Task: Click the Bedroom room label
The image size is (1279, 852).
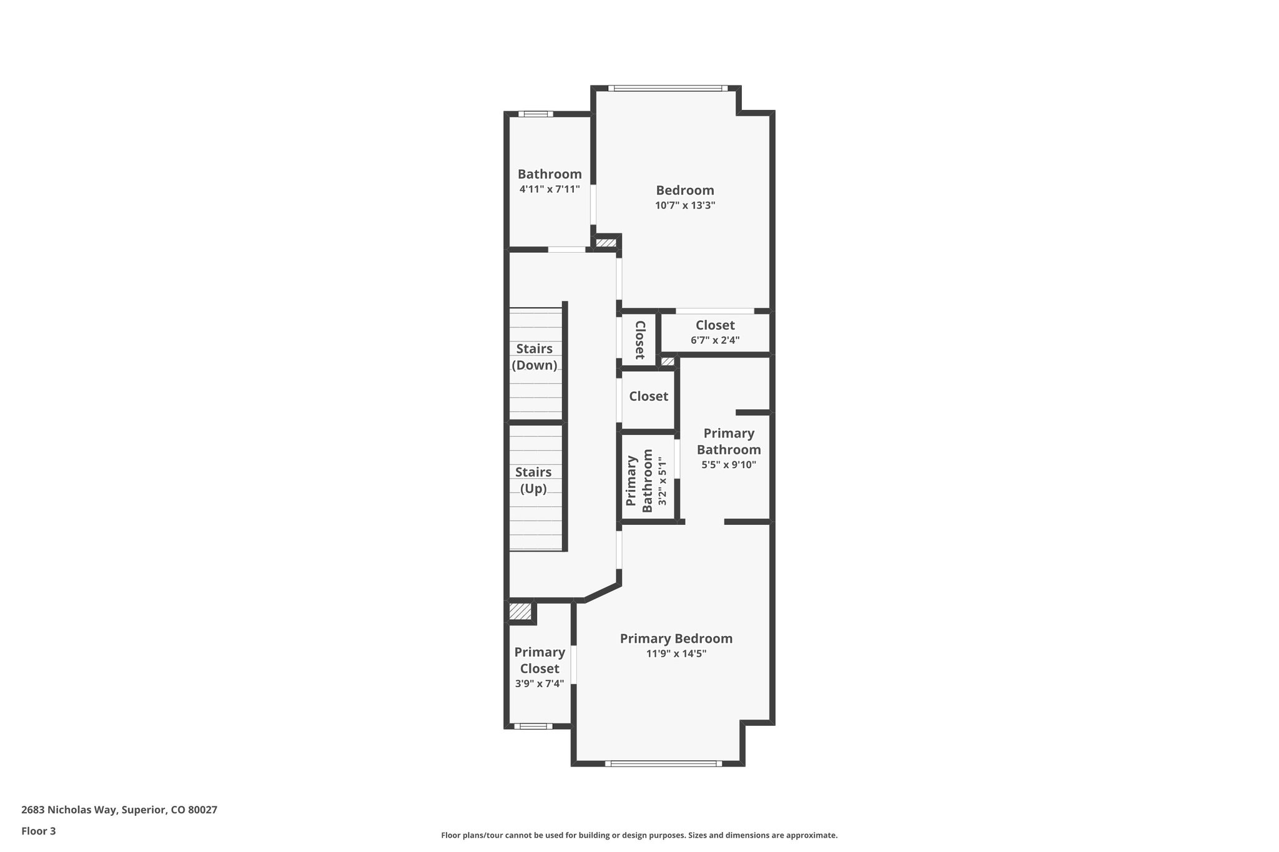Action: pos(684,190)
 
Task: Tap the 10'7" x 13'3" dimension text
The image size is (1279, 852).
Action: pos(684,205)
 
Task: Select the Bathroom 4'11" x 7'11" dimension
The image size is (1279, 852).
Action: pos(550,189)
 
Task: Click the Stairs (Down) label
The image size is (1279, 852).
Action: pos(534,357)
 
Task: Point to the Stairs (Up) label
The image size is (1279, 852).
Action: pos(533,481)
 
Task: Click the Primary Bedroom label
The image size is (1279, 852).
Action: pos(676,639)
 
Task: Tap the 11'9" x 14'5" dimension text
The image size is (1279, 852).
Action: pos(676,654)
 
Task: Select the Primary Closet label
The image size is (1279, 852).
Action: pos(540,660)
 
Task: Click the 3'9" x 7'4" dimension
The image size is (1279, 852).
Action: pos(540,683)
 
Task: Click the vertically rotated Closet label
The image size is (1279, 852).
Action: pos(639,340)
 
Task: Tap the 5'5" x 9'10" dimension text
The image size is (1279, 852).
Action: pos(728,464)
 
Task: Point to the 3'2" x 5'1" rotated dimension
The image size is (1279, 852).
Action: pos(663,481)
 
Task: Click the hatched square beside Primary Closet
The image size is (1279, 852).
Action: pos(520,612)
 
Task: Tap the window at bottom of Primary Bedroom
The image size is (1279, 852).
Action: pos(663,763)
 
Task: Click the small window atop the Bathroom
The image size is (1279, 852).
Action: pos(536,114)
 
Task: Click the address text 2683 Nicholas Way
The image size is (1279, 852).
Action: pos(119,810)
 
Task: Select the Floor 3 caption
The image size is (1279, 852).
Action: pos(39,831)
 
